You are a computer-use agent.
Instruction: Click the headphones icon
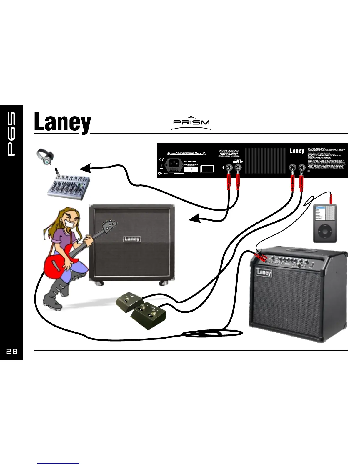45,157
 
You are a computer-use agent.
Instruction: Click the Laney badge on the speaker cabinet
131,239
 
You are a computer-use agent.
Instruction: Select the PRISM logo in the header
191,123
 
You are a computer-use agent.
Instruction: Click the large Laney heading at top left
62,123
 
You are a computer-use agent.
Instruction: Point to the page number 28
12,351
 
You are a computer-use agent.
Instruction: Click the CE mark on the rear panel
161,160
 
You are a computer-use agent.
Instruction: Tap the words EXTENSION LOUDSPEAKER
229,151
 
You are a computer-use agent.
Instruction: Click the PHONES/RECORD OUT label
238,161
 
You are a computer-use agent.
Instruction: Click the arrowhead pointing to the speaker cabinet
194,219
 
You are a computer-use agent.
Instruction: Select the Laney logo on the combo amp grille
264,272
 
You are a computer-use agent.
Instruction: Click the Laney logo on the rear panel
296,151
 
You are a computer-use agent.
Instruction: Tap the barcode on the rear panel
207,169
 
